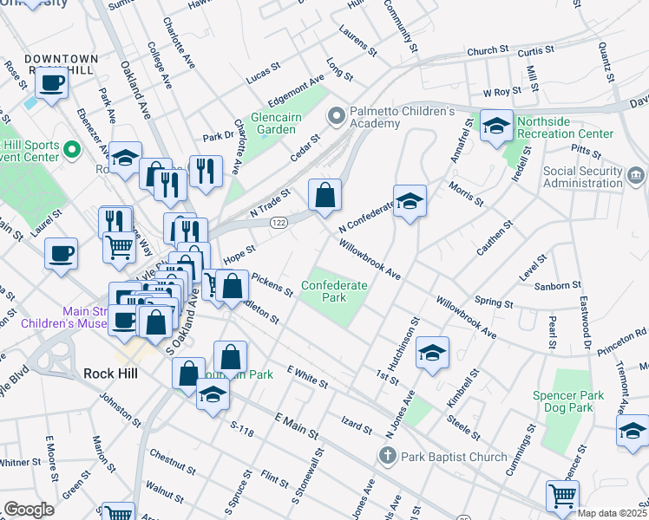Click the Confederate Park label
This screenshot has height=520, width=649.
334,291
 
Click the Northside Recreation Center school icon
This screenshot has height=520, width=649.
496,126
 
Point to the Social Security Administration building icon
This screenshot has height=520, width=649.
635,177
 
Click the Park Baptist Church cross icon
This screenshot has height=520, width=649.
388,456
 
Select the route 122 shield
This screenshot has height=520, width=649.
279,223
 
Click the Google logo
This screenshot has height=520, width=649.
29,509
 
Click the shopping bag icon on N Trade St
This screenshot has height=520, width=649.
324,196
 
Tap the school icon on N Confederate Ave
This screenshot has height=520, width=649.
410,202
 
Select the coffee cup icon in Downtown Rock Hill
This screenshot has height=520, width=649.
52,84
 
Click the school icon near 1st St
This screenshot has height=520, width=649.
432,353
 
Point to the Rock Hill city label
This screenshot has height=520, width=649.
112,374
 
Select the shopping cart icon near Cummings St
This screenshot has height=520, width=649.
562,496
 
